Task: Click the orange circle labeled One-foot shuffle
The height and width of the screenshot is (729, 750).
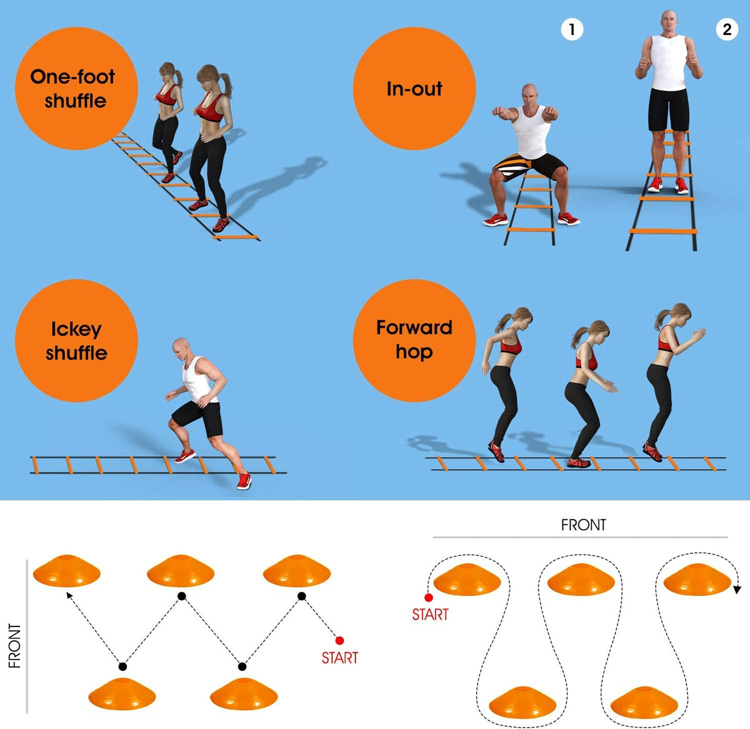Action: click(x=76, y=88)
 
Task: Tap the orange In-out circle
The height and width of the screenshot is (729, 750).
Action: click(x=414, y=88)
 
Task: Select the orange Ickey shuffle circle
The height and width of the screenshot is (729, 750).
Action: click(x=76, y=340)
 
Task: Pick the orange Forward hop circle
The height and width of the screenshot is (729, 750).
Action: click(x=414, y=340)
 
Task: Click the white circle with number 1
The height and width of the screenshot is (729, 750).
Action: click(x=572, y=29)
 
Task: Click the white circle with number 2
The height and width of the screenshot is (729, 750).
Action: click(x=727, y=29)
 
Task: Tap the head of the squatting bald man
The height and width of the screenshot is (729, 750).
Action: click(x=529, y=96)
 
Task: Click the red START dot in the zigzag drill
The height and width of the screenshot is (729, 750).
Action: click(x=339, y=640)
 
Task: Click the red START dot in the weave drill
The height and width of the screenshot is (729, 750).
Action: click(x=429, y=597)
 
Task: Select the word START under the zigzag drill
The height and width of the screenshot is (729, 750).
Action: click(x=340, y=657)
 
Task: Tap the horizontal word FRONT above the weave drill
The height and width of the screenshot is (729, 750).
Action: click(x=584, y=525)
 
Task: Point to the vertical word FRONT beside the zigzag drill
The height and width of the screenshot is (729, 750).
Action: click(x=14, y=646)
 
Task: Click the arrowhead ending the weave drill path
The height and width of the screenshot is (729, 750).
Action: click(x=737, y=590)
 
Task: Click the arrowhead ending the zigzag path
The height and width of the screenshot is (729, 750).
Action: click(x=70, y=596)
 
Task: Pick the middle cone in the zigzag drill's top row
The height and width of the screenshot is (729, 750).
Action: click(x=181, y=571)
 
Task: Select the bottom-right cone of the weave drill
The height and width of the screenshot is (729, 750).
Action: click(x=644, y=702)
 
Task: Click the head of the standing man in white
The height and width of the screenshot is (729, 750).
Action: click(x=669, y=23)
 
